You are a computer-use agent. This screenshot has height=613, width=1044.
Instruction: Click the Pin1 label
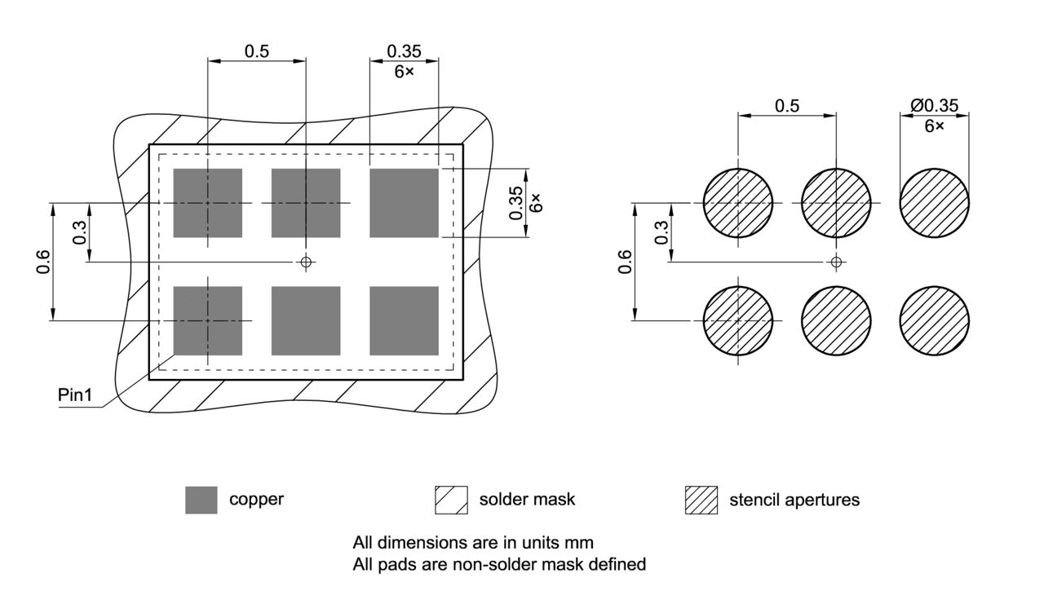[x=75, y=395]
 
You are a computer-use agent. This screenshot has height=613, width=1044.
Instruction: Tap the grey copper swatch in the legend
[x=201, y=500]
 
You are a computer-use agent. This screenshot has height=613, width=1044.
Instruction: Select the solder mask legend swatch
[x=451, y=500]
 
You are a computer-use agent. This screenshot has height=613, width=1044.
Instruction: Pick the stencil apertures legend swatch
[x=701, y=500]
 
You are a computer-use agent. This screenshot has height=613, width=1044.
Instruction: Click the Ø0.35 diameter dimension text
[x=934, y=105]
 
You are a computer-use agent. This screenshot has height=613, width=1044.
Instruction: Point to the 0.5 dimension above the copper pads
[x=257, y=51]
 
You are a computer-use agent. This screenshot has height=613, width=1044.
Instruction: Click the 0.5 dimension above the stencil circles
[x=787, y=105]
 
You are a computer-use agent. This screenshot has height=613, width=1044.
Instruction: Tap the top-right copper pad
[x=404, y=203]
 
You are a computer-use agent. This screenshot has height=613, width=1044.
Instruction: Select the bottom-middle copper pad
[x=306, y=320]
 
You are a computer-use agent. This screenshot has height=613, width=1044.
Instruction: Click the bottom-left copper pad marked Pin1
[x=208, y=320]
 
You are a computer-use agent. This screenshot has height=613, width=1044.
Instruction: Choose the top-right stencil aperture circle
[x=935, y=203]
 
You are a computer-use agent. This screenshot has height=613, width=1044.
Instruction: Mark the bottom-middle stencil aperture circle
[x=836, y=320]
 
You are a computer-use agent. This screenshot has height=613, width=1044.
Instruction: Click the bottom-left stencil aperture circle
[x=738, y=320]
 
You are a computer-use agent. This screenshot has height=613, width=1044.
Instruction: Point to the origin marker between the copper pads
[x=306, y=262]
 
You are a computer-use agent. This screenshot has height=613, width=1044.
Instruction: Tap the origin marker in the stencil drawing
[x=836, y=262]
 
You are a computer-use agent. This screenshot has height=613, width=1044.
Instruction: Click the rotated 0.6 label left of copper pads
[x=44, y=262]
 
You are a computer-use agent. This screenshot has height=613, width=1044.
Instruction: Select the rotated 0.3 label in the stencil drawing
[x=661, y=232]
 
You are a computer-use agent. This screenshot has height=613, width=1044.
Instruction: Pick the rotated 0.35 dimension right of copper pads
[x=516, y=203]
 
